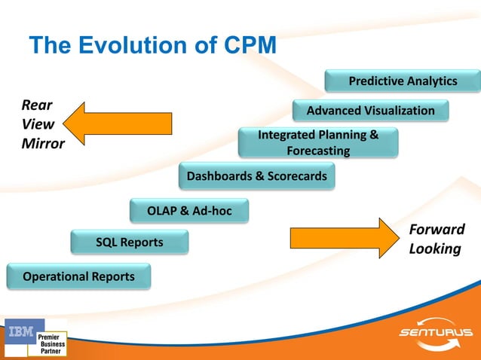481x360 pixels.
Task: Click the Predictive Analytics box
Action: (403, 81)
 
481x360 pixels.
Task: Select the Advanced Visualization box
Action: (370, 111)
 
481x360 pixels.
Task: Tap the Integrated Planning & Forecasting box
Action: (317, 143)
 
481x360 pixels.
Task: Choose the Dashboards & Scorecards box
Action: (256, 177)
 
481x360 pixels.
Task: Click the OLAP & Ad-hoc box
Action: (188, 211)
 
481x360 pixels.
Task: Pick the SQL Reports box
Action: (129, 243)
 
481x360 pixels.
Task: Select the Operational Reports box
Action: (78, 276)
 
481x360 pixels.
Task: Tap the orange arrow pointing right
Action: (343, 236)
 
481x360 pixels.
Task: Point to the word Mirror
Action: (41, 144)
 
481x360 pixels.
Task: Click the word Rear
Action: (35, 106)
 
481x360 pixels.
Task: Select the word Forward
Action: (437, 230)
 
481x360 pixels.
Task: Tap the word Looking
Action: (434, 249)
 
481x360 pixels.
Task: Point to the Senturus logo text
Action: (435, 333)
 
